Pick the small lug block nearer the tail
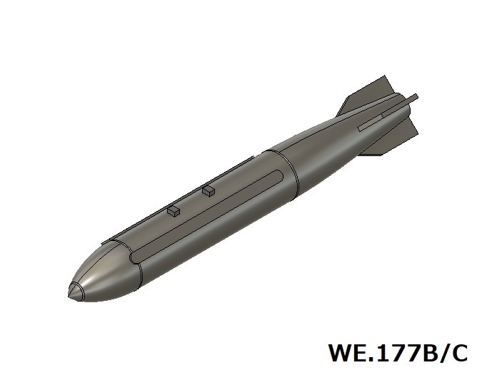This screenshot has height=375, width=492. tap(209, 190)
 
